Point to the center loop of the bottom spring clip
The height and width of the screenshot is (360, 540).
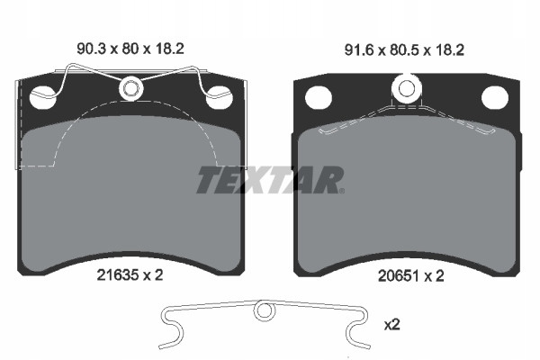pyautogui.click(x=264, y=311)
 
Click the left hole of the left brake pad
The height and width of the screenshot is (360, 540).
pyautogui.click(x=40, y=96)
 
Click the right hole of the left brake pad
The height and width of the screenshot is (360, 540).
pyautogui.click(x=219, y=96)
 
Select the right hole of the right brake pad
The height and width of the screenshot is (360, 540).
pyautogui.click(x=493, y=96)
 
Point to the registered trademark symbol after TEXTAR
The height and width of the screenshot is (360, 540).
pyautogui.click(x=340, y=190)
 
